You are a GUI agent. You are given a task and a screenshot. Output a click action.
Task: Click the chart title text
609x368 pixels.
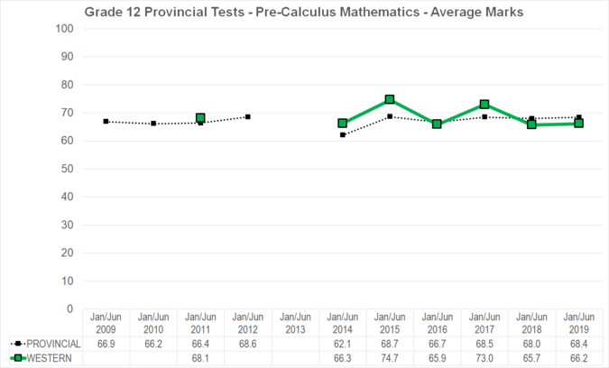tap(303, 13)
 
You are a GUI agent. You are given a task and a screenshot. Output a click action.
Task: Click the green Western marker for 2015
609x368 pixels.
tap(390, 99)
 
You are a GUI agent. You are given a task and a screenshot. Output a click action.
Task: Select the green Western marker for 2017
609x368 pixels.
tap(484, 105)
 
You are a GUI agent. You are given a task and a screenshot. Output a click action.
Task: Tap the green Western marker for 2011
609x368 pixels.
tap(200, 118)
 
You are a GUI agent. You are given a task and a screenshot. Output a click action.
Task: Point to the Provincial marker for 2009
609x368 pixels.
tap(106, 121)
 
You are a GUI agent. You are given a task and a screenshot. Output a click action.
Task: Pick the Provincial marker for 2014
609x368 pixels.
tap(343, 134)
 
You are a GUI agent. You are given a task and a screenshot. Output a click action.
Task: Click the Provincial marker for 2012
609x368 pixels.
tap(247, 116)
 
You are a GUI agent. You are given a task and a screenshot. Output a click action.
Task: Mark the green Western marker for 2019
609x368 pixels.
tap(578, 124)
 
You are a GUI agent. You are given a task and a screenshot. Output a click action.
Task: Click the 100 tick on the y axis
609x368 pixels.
tap(64, 29)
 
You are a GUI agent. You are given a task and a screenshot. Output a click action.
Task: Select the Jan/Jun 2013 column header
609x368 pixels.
tap(295, 323)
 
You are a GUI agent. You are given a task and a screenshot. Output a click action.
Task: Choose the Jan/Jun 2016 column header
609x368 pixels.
tap(438, 323)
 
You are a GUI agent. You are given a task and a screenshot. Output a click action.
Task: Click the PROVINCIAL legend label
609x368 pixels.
tap(53, 345)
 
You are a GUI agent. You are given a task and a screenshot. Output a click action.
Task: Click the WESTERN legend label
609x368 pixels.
tap(49, 358)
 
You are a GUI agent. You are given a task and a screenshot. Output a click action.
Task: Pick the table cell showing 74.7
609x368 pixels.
tap(390, 358)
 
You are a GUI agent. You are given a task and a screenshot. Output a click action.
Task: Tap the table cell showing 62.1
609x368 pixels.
tap(343, 345)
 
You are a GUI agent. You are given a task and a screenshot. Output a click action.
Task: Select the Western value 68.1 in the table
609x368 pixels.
tap(200, 358)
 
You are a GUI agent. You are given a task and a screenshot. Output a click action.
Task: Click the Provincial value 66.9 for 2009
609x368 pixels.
tap(106, 345)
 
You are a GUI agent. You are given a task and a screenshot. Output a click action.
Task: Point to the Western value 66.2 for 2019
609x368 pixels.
tap(579, 358)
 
